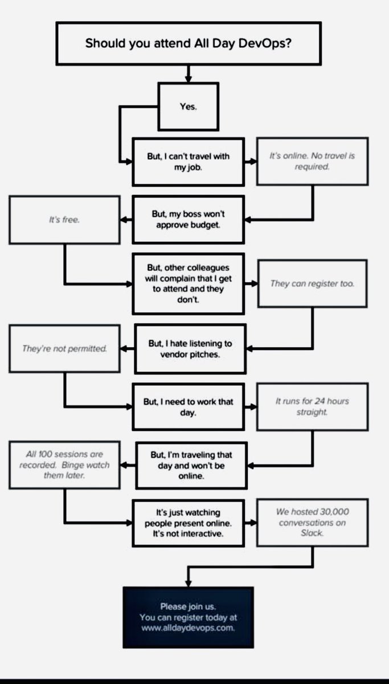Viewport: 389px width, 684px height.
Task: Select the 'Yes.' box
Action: tap(188, 107)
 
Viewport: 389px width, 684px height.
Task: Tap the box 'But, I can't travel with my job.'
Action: tap(188, 161)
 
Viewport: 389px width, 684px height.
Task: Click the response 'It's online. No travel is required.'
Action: tap(312, 161)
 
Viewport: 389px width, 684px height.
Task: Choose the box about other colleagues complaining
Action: tap(189, 283)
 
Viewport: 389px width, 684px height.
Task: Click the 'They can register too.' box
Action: tap(312, 283)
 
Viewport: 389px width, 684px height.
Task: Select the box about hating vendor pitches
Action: tap(190, 349)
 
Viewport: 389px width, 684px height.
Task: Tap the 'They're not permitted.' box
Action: tap(64, 348)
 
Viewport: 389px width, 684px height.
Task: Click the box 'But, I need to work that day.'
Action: tap(189, 407)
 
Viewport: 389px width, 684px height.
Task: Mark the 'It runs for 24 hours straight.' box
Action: tap(312, 406)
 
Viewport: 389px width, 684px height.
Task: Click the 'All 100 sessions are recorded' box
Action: tap(64, 465)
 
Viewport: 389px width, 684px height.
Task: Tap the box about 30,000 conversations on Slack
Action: tap(312, 523)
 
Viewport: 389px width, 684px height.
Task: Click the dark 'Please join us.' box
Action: tap(189, 617)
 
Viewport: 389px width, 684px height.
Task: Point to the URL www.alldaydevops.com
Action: tap(189, 628)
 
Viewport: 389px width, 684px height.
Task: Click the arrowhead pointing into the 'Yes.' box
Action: tap(188, 80)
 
